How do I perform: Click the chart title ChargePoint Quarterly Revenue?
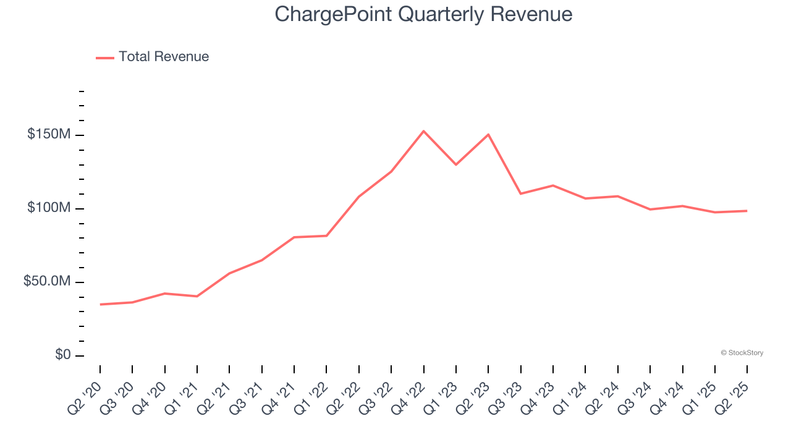tap(423, 14)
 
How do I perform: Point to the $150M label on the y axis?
tap(48, 135)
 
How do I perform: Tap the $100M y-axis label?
tap(48, 208)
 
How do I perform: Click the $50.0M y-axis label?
tap(46, 282)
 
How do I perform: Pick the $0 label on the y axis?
tap(63, 355)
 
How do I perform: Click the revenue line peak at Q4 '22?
tap(423, 131)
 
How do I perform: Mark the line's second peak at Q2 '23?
tap(488, 135)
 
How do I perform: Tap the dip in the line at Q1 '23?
tap(456, 164)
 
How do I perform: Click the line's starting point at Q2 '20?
tap(100, 304)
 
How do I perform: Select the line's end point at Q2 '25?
tap(747, 211)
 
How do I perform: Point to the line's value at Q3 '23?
tap(521, 193)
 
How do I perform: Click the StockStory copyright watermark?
tap(742, 353)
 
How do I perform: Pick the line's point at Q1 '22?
tap(326, 235)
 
